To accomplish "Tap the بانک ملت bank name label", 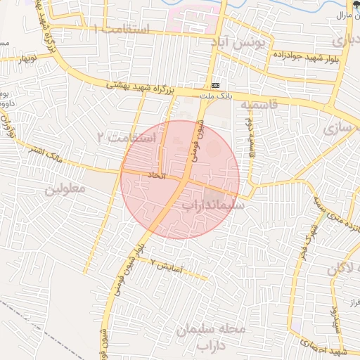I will point(215,93).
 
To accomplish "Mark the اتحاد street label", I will point(156,174).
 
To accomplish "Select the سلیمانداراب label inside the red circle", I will point(212,205).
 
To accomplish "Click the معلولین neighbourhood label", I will point(65,189).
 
